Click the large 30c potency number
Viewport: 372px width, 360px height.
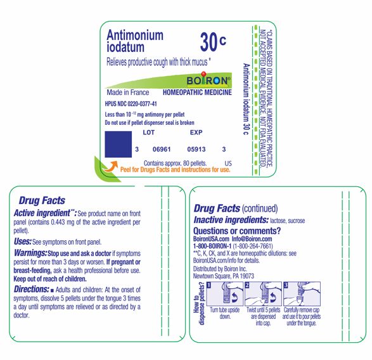(x=212, y=42)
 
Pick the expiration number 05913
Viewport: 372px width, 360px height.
(x=197, y=149)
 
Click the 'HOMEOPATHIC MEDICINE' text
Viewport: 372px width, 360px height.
(x=197, y=93)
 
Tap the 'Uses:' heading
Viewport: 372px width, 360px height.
(x=22, y=242)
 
